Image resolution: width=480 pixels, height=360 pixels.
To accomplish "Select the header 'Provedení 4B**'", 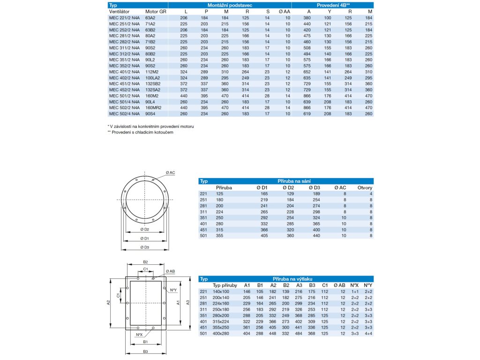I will [x=333, y=4].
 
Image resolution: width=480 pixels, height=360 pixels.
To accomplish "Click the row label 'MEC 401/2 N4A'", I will [x=124, y=72].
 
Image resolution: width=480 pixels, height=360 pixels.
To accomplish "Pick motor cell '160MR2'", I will [x=153, y=107].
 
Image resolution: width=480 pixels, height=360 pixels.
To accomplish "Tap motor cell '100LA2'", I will [x=153, y=77].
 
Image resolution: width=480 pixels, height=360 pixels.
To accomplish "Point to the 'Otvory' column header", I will [x=365, y=187].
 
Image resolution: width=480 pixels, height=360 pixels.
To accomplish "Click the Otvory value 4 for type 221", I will [x=371, y=193].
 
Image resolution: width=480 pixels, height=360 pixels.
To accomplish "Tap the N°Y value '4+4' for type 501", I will [x=368, y=333].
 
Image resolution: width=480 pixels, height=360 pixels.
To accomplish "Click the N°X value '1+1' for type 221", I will [x=354, y=291].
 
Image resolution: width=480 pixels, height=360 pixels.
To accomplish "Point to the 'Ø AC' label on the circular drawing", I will [x=170, y=172].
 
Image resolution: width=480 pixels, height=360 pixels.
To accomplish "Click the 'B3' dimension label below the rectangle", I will [x=146, y=351].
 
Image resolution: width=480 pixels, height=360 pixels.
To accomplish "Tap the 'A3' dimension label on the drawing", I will [x=188, y=303].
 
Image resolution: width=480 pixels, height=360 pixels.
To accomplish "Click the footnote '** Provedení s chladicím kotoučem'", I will [x=141, y=133].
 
